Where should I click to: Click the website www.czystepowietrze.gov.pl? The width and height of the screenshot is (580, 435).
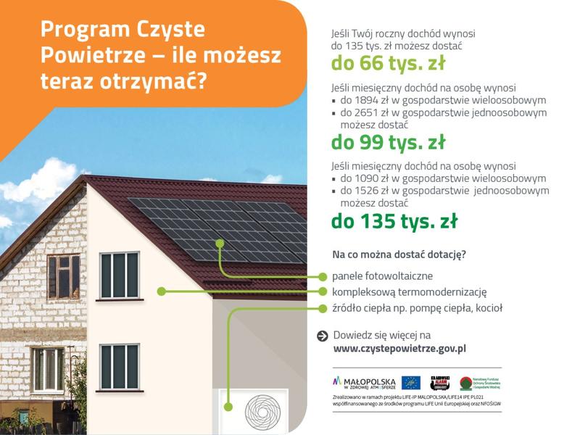pyautogui.click(x=399, y=348)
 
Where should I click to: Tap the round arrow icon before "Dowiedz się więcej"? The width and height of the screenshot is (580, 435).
pyautogui.click(x=323, y=336)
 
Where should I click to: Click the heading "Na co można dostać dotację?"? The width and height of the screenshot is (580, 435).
pyautogui.click(x=399, y=254)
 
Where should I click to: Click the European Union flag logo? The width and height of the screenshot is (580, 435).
pyautogui.click(x=411, y=382)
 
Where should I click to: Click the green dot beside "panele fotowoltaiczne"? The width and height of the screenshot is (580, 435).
pyautogui.click(x=323, y=276)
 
